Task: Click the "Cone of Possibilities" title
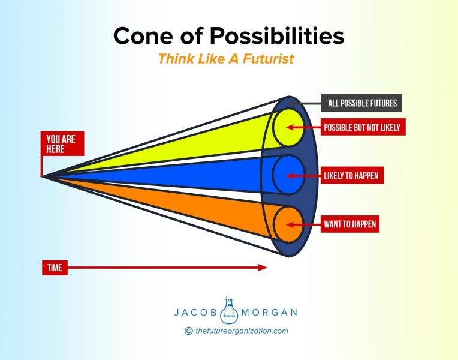click(228, 37)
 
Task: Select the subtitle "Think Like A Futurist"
click(228, 59)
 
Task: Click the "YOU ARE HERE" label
click(62, 145)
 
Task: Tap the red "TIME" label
click(55, 268)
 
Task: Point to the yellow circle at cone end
click(288, 127)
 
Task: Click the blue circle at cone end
click(288, 175)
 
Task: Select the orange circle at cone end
click(288, 224)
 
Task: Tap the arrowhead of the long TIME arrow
click(263, 268)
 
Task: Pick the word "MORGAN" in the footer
click(269, 313)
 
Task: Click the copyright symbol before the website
click(189, 330)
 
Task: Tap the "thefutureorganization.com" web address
click(242, 330)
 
